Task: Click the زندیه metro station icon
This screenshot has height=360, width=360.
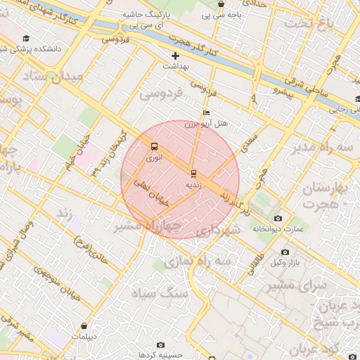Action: coord(193,172)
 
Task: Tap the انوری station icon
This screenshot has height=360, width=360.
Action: coord(154,147)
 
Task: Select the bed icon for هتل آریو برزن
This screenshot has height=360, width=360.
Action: coord(205,112)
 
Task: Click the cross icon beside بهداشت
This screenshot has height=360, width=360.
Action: coord(176,56)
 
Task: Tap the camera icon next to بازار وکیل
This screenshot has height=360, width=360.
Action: coord(285,252)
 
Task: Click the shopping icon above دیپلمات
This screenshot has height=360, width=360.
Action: coord(84,326)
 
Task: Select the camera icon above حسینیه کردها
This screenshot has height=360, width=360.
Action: coord(161,345)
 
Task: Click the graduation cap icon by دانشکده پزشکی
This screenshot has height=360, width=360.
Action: coord(27,39)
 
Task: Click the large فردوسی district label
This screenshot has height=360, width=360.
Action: coord(161,92)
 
